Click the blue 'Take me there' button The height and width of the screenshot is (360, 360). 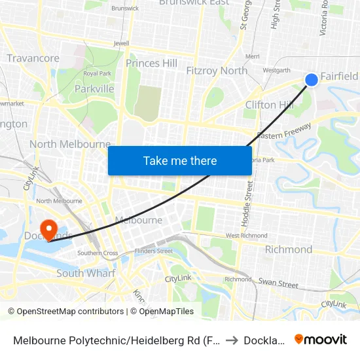pyautogui.click(x=180, y=160)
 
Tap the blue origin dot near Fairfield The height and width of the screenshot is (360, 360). pyautogui.click(x=312, y=79)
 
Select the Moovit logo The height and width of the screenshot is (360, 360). pyautogui.click(x=321, y=339)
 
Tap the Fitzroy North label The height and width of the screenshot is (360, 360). pyautogui.click(x=217, y=71)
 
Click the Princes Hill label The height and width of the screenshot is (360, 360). pyautogui.click(x=151, y=63)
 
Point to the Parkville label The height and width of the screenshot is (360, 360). pyautogui.click(x=94, y=88)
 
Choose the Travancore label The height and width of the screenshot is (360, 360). pyautogui.click(x=33, y=58)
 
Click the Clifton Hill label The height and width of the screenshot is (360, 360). pyautogui.click(x=269, y=105)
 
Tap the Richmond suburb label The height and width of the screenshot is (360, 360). pyautogui.click(x=288, y=249)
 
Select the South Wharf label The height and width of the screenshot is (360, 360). pyautogui.click(x=86, y=273)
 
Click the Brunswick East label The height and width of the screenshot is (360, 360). pyautogui.click(x=194, y=3)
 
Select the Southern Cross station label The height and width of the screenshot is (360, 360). pyautogui.click(x=98, y=253)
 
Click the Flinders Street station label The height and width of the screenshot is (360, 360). pyautogui.click(x=153, y=251)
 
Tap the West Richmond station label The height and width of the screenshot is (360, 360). pyautogui.click(x=246, y=236)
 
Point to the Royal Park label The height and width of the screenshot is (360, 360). pyautogui.click(x=97, y=73)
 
